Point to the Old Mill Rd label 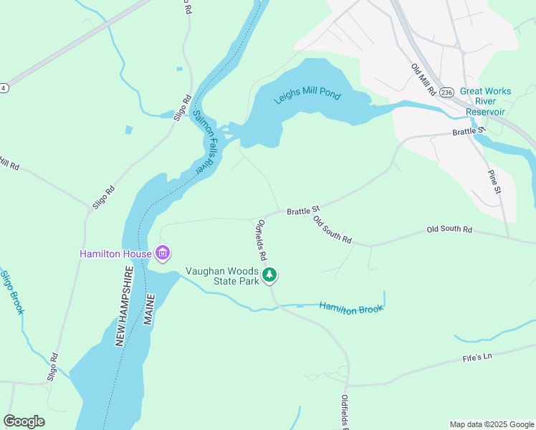tap(423, 80)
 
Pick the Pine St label tap(494, 182)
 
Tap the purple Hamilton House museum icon tap(163, 253)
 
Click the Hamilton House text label tap(115, 254)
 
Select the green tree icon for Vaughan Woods tap(269, 275)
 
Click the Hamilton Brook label tap(351, 307)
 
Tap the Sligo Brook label tap(12, 292)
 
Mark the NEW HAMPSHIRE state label tap(124, 307)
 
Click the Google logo tap(24, 421)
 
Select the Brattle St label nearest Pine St tap(469, 132)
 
